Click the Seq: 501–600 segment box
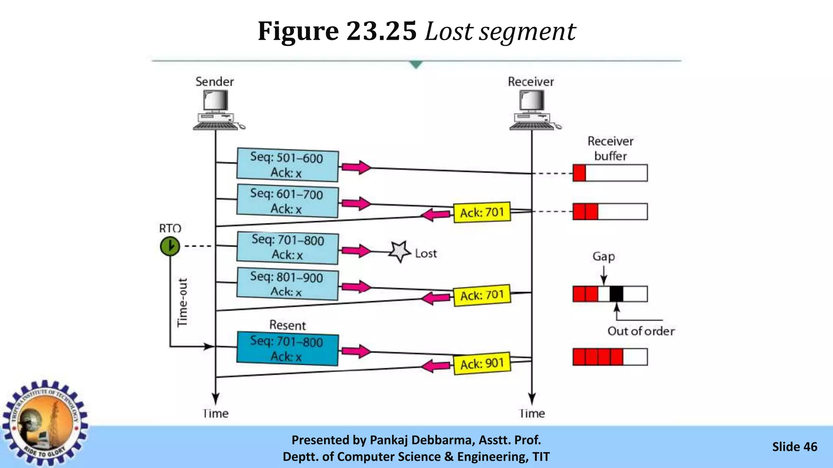point(287,165)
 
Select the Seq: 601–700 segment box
point(287,201)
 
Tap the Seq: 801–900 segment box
point(287,284)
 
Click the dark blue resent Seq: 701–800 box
point(287,349)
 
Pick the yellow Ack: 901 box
point(482,363)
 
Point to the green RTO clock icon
point(170,246)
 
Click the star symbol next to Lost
point(399,252)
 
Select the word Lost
point(426,253)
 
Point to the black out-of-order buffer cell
point(616,294)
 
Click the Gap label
point(604,257)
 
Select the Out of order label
point(641,331)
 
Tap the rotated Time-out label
point(183,302)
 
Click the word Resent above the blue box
point(288,325)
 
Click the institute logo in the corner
point(45,422)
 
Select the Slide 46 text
point(794,447)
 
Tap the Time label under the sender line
point(216,414)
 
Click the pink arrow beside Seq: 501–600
point(356,167)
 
